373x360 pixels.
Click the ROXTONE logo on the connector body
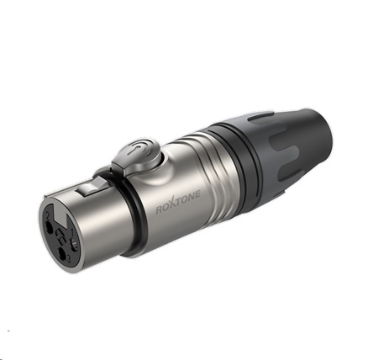click(178, 202)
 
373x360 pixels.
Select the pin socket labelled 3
click(62, 253)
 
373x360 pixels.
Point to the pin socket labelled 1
click(74, 244)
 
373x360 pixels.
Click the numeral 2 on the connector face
click(48, 216)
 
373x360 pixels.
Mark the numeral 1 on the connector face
click(71, 232)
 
